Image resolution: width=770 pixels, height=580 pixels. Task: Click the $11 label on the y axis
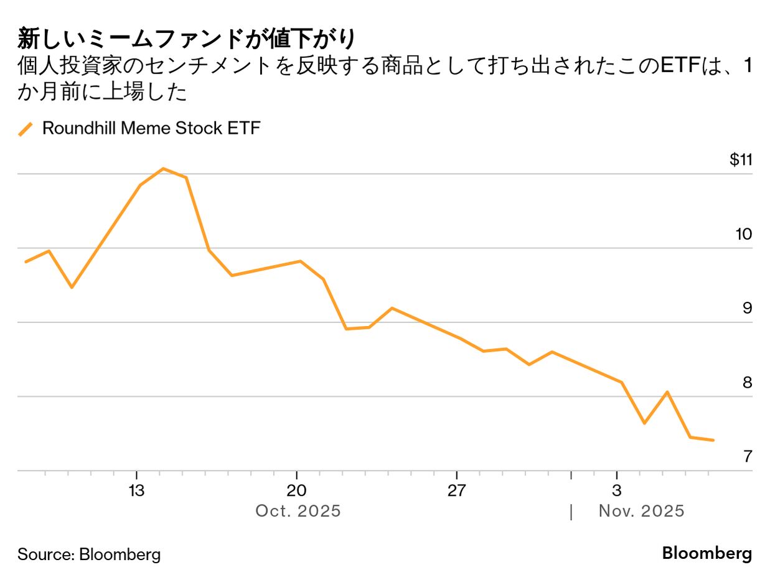point(741,160)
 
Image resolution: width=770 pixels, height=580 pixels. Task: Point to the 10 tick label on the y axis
point(743,234)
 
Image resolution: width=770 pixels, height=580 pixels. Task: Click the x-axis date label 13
point(136,490)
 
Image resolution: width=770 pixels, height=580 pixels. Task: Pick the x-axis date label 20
point(296,490)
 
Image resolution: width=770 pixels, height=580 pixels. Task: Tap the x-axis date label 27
point(456,490)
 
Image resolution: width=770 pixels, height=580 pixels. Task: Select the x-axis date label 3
point(616,490)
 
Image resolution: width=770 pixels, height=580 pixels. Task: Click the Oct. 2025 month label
point(298,511)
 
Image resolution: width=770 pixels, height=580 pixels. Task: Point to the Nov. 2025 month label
point(641,511)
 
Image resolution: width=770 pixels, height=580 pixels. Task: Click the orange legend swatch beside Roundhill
point(26,129)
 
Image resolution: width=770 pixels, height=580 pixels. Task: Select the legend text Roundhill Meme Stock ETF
point(151,128)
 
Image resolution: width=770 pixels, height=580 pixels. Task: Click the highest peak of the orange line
point(163,168)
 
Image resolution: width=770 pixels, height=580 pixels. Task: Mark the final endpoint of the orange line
point(713,440)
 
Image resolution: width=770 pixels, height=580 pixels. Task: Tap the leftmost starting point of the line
point(26,261)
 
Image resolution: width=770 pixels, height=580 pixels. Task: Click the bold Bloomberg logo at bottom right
point(707,553)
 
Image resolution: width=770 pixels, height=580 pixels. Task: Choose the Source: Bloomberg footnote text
point(89,554)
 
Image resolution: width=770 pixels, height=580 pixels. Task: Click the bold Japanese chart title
point(187,39)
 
